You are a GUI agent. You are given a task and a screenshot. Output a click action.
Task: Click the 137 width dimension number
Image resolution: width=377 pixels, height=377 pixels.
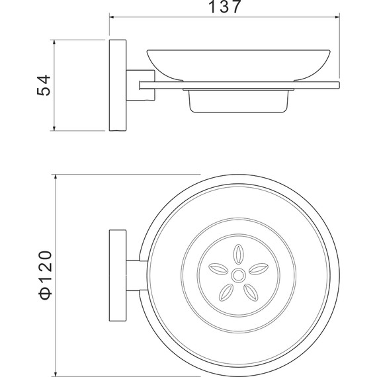coord(224,8)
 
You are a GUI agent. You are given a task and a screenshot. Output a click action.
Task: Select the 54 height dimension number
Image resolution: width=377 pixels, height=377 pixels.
coord(43,84)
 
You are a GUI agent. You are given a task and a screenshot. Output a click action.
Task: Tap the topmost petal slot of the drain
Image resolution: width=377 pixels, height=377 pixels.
coord(237,254)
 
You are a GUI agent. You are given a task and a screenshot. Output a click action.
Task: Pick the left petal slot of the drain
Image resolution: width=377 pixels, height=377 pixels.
coord(217,268)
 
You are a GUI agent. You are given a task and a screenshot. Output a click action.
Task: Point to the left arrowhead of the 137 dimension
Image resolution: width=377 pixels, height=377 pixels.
coord(112,18)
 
